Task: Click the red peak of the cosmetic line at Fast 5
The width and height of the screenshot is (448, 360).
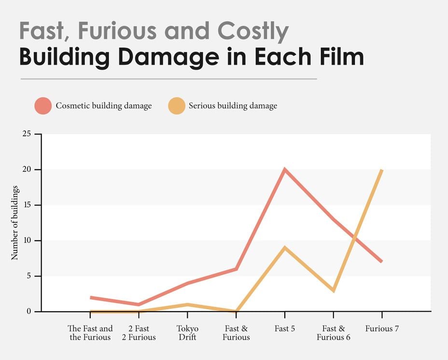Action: pos(285,170)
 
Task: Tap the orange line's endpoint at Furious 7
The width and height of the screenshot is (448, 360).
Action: pos(382,170)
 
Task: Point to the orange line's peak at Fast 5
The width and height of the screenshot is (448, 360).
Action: pos(285,248)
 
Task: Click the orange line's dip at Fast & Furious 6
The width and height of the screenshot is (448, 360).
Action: pos(334,290)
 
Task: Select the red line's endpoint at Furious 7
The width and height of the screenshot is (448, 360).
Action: pos(381,261)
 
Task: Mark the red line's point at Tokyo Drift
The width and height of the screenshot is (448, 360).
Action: pos(187,283)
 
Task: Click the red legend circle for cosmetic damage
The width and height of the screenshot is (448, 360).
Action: pos(43,106)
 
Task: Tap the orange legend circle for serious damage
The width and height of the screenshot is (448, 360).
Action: pos(176,106)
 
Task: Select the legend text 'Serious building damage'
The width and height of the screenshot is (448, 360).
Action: pos(233,106)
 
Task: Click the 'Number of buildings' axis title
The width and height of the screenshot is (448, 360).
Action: pos(15,223)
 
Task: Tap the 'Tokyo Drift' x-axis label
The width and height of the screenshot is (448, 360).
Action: pos(187,333)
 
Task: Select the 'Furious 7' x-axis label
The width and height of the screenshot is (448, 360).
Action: pos(382,329)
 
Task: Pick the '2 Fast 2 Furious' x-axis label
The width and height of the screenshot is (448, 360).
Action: pos(139,333)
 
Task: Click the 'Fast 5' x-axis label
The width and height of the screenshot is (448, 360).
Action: pos(285,329)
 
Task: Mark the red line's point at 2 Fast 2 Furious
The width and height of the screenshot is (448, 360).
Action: pos(139,304)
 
